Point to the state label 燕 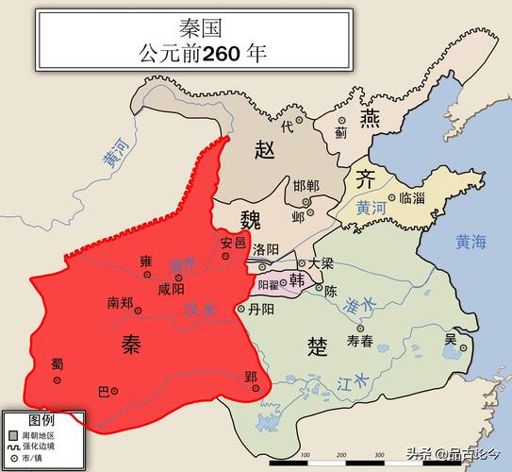pos(370,119)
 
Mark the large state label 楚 pos(318,346)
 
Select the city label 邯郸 pos(306,185)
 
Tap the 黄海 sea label pos(470,242)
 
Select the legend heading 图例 pos(41,417)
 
